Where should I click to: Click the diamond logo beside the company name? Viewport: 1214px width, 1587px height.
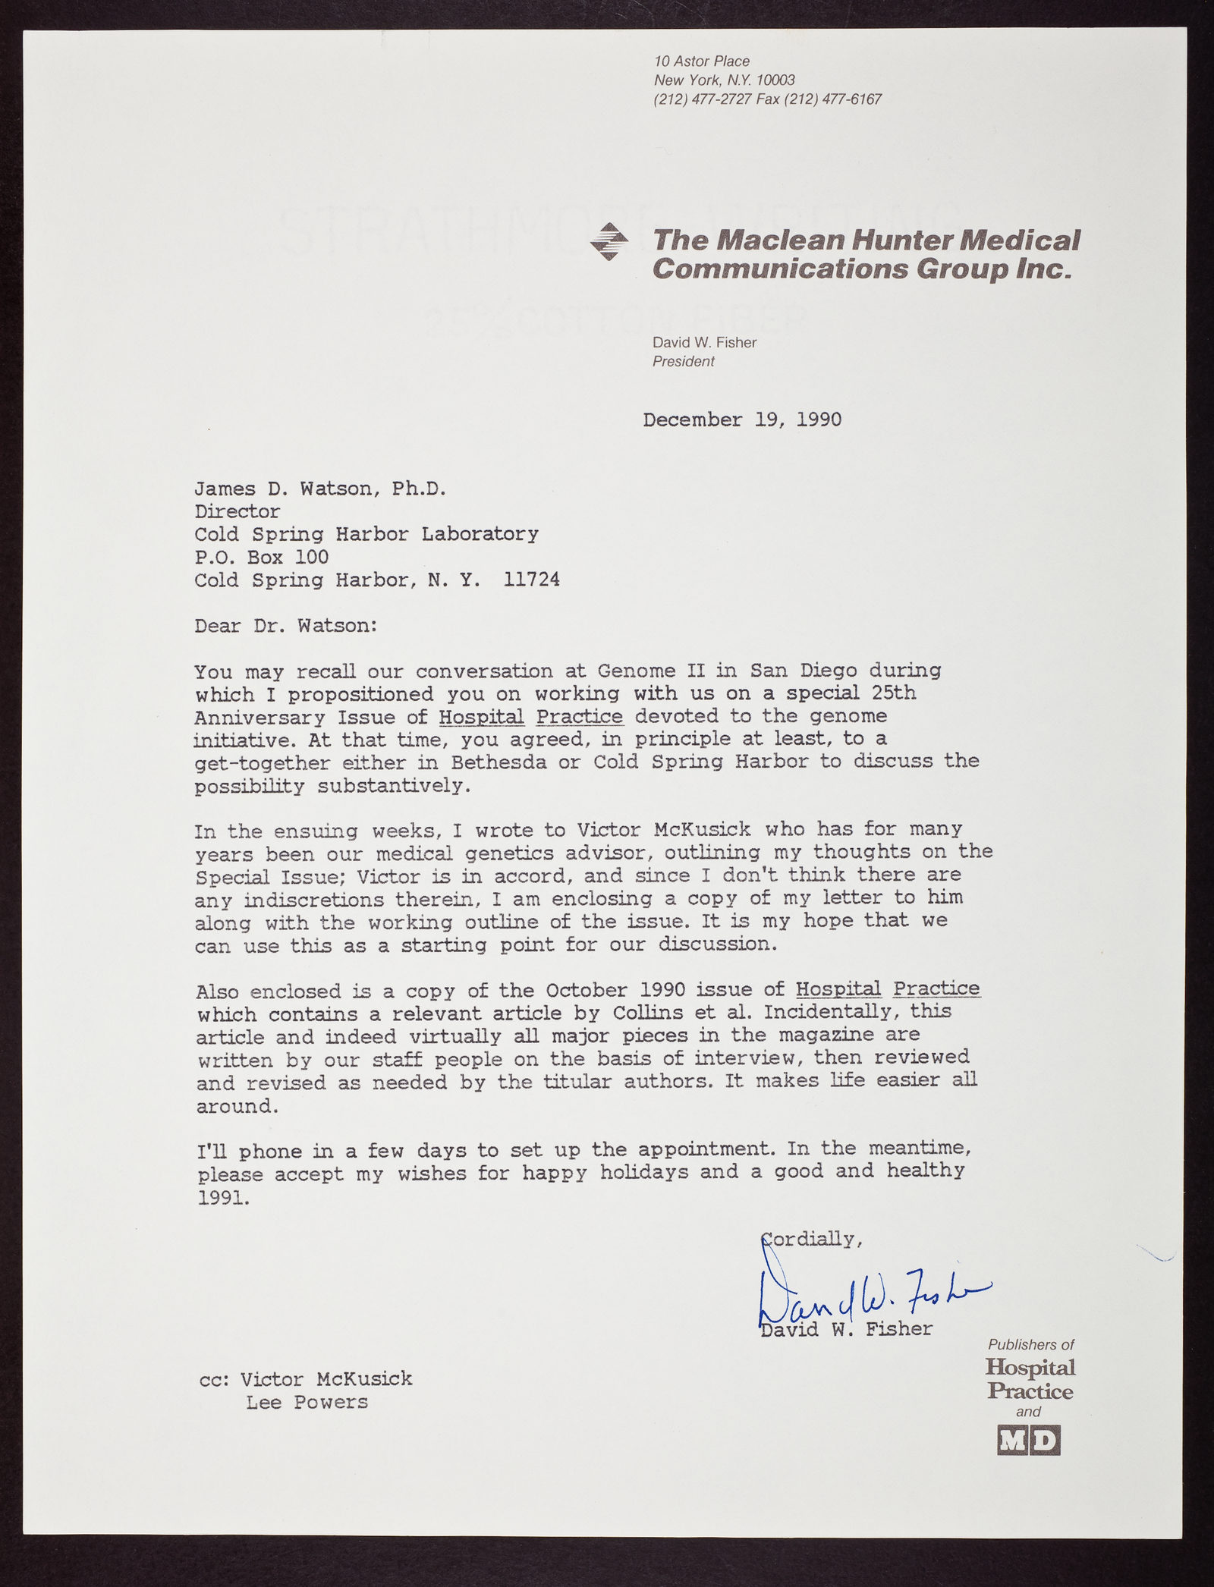click(609, 242)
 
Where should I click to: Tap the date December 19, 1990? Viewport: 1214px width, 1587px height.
click(741, 420)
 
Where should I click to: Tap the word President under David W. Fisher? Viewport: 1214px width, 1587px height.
click(683, 362)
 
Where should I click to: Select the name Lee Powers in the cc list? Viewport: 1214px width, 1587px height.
click(307, 1403)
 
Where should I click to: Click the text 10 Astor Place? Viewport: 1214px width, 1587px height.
click(702, 61)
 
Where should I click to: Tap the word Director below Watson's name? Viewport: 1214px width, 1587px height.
click(237, 512)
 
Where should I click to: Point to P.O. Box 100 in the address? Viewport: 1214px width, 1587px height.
click(261, 558)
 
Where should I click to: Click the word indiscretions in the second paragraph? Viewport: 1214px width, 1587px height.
click(315, 900)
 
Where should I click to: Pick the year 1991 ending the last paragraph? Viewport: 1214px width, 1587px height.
click(221, 1199)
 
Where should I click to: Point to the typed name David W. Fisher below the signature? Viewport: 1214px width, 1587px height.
click(846, 1329)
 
